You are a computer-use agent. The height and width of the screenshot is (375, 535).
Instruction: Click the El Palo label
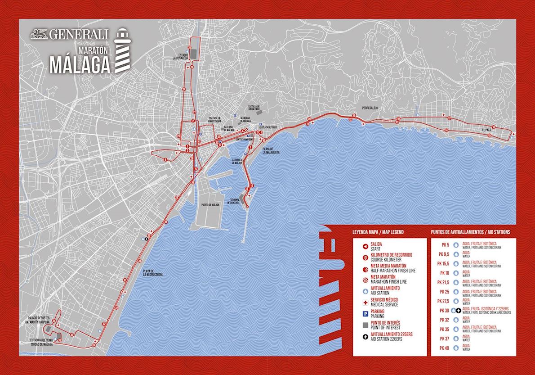coord(486,130)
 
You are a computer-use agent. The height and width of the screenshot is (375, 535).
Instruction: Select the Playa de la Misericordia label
coord(153,273)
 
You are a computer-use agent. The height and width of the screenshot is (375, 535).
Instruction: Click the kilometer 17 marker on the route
coord(449,118)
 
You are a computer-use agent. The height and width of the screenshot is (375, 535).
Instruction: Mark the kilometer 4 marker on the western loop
coord(165,159)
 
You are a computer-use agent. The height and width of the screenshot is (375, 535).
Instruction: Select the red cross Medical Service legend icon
coord(365,302)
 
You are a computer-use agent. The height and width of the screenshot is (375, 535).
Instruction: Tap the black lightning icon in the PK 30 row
coord(459,310)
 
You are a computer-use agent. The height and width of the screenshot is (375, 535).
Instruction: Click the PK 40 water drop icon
coord(455,348)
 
